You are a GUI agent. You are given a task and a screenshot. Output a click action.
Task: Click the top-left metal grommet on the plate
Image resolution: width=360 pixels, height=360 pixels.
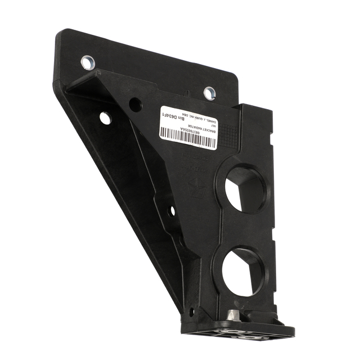(x=88, y=62)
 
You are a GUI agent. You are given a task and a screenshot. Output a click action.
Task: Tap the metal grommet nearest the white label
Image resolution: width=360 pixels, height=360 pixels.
(x=209, y=92)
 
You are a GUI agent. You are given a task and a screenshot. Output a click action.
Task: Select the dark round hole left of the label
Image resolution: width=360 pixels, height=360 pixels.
(x=135, y=104)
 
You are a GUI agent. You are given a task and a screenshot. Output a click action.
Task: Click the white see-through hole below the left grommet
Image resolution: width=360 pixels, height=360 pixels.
(x=105, y=118)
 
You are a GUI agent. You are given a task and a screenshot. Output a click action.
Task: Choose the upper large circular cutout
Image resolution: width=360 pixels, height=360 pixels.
(x=245, y=188)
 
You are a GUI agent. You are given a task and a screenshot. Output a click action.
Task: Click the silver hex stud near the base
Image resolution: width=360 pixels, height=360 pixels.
(x=233, y=316)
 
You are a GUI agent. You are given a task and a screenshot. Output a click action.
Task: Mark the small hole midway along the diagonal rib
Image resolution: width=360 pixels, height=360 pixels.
(x=172, y=211)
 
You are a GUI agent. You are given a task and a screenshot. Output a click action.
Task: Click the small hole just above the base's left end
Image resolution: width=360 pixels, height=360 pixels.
(x=191, y=311)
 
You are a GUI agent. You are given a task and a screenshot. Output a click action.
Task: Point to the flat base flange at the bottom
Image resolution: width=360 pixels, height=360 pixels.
(x=236, y=329)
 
